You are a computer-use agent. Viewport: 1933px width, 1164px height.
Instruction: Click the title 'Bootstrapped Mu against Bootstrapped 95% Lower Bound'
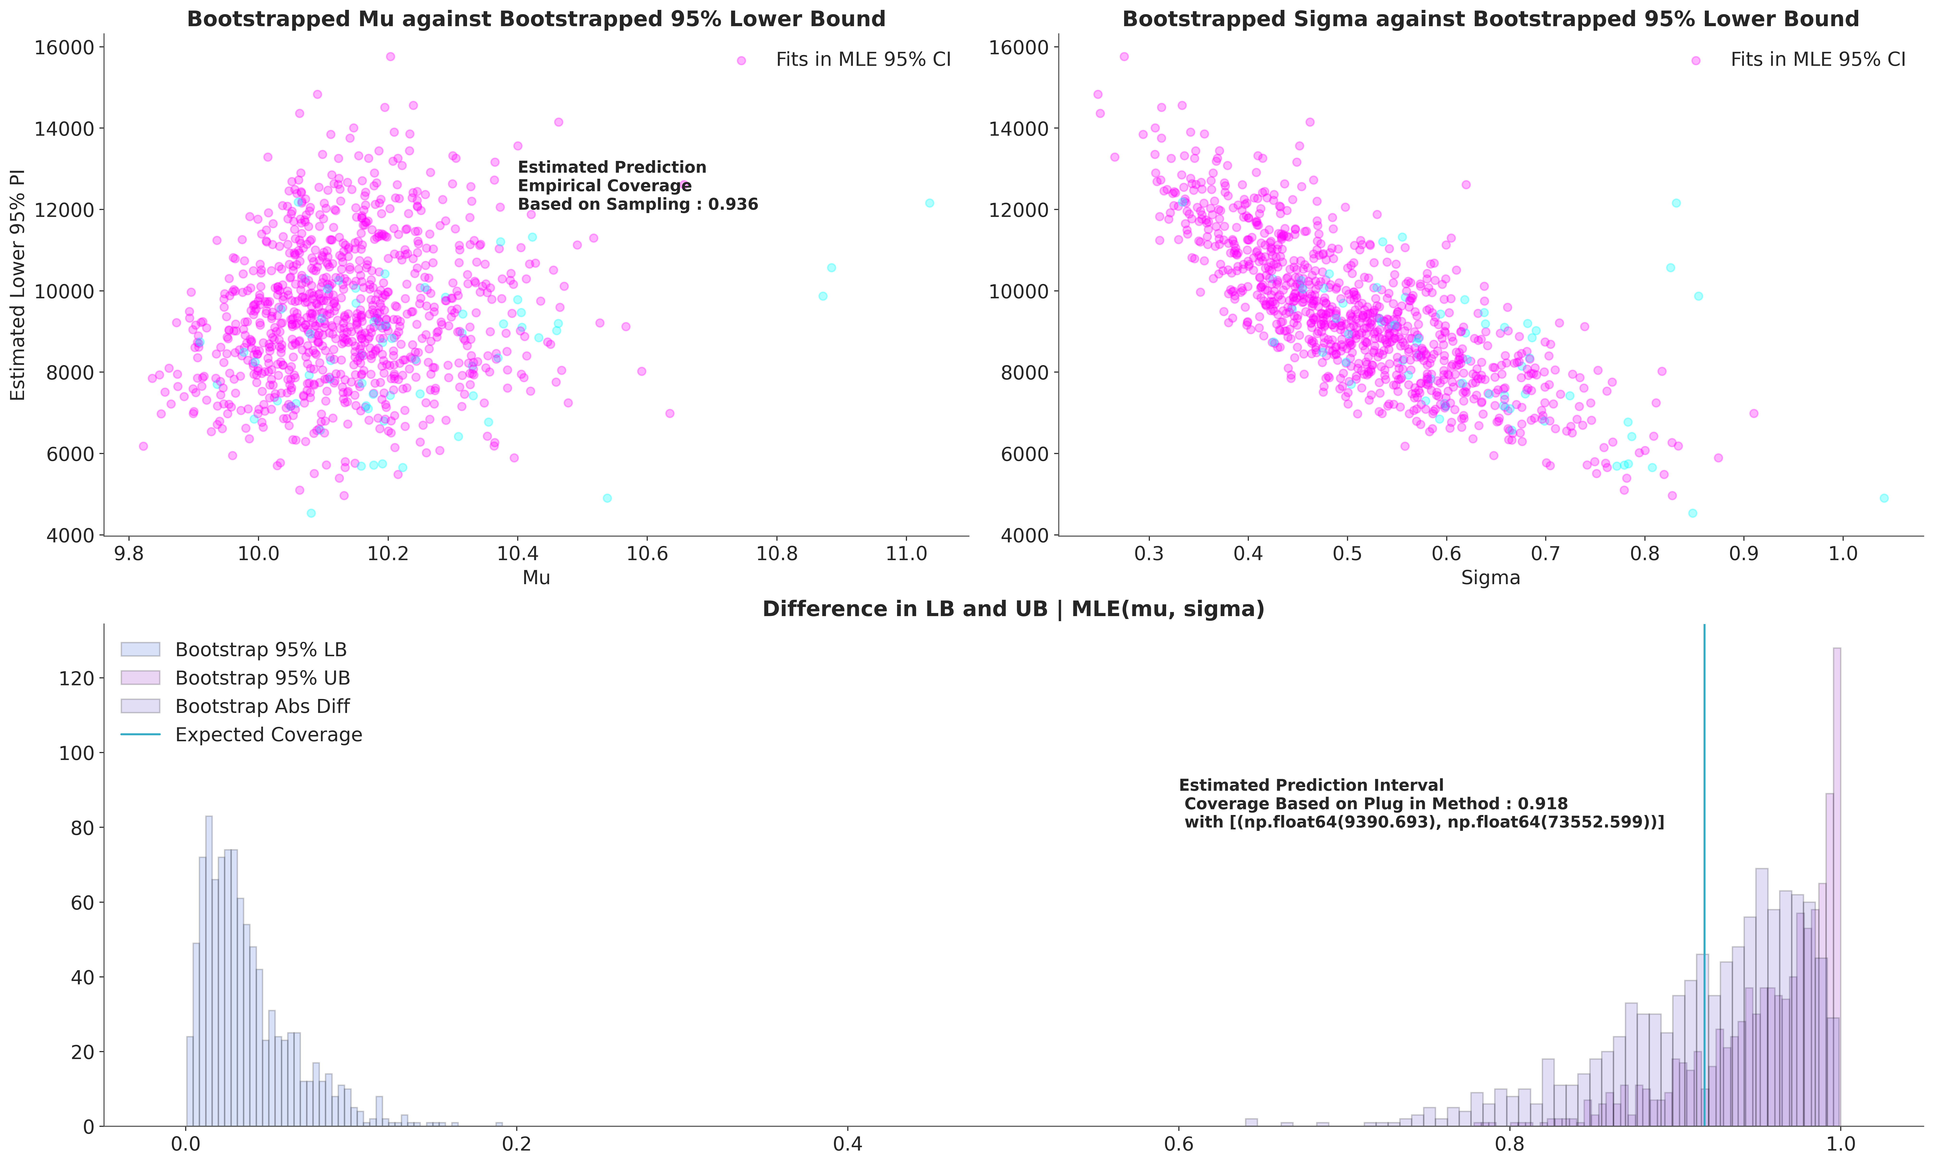tap(536, 19)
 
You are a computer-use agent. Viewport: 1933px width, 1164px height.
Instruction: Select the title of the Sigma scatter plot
tap(1490, 19)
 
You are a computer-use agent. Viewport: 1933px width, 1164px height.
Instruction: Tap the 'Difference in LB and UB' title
tap(1014, 609)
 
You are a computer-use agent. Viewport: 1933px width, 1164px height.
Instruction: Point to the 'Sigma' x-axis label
tap(1490, 578)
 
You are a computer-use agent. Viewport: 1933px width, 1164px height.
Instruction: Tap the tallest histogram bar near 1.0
tap(1836, 887)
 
